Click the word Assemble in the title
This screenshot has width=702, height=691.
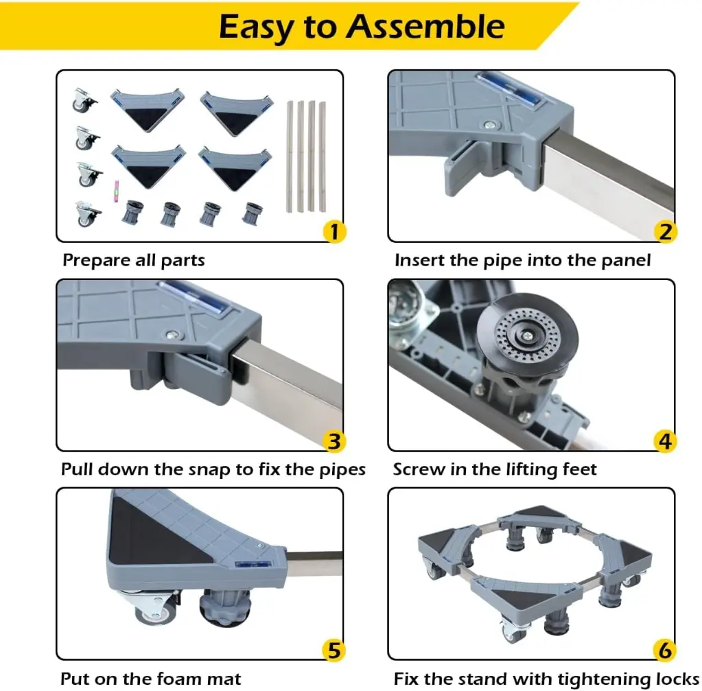point(425,27)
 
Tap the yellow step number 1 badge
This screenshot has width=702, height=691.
point(334,231)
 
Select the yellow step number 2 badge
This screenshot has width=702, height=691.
point(666,231)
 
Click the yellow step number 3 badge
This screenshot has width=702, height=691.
point(334,441)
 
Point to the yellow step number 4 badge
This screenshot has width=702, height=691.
point(666,441)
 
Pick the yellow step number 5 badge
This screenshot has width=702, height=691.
point(334,651)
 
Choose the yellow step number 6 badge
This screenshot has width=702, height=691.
point(666,651)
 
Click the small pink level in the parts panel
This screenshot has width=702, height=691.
point(117,191)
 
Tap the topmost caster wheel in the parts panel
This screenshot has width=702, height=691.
point(84,99)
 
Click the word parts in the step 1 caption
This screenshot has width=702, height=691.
point(183,261)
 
